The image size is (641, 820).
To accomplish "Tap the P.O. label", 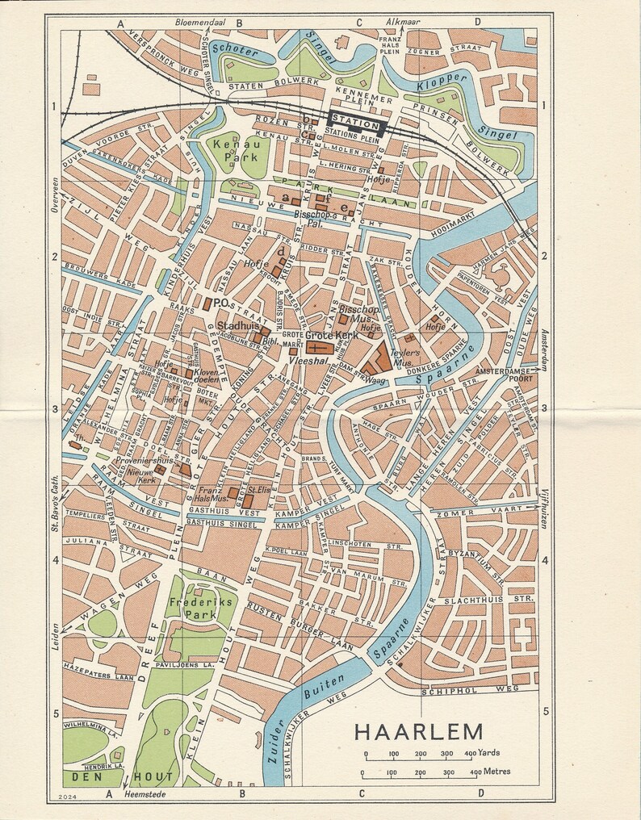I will click(225, 303).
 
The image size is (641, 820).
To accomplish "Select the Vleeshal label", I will click(314, 363).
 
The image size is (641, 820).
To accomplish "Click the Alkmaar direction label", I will click(402, 21).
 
